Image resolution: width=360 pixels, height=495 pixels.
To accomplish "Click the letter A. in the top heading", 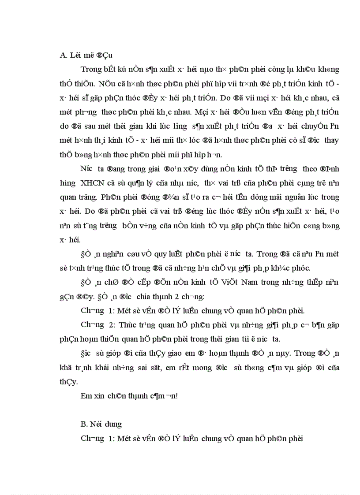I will (x=63, y=55).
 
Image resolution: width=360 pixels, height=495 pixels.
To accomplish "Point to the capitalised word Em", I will (x=86, y=396).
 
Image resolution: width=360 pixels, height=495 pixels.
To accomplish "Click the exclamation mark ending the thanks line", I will (x=176, y=396).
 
